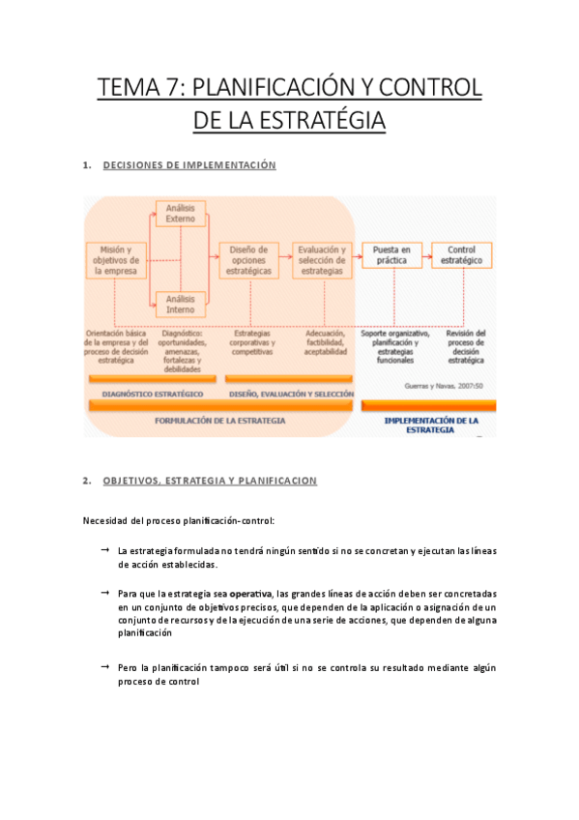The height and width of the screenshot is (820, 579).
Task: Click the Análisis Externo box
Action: click(180, 213)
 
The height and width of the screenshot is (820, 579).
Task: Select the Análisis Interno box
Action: click(180, 305)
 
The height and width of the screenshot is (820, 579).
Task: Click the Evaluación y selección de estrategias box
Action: click(322, 260)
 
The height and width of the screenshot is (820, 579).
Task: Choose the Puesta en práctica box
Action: click(391, 255)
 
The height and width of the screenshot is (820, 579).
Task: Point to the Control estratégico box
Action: click(462, 255)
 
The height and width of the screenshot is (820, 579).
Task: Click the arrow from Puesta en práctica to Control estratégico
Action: click(426, 255)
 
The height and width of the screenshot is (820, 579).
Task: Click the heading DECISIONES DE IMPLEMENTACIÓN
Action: click(189, 165)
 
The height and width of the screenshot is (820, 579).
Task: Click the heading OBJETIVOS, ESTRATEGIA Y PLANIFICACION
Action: click(210, 481)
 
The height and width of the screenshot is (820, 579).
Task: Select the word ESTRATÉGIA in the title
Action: click(320, 122)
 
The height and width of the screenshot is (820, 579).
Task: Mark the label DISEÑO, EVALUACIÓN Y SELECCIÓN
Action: click(291, 395)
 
